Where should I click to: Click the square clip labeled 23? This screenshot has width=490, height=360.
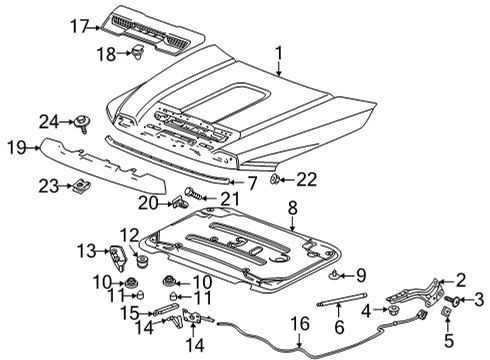[x=80, y=185]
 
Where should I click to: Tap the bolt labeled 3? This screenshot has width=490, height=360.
[x=455, y=299]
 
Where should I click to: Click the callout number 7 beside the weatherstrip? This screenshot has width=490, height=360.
[x=252, y=183]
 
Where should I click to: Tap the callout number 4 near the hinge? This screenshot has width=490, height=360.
[x=366, y=312]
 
